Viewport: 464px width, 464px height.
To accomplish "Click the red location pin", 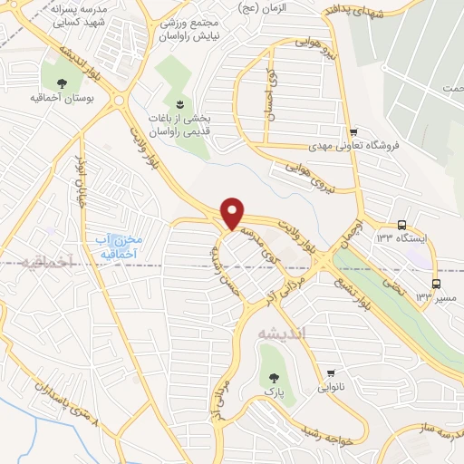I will tap(234, 212).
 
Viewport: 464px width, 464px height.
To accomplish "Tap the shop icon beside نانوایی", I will tap(331, 373).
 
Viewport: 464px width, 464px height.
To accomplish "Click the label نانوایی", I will tap(332, 388).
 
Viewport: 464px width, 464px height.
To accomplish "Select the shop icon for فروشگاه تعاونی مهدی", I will tap(354, 131).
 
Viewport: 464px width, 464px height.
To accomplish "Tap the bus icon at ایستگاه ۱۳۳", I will tap(401, 226).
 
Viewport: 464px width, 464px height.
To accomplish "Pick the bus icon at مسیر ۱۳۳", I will tap(437, 282).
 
